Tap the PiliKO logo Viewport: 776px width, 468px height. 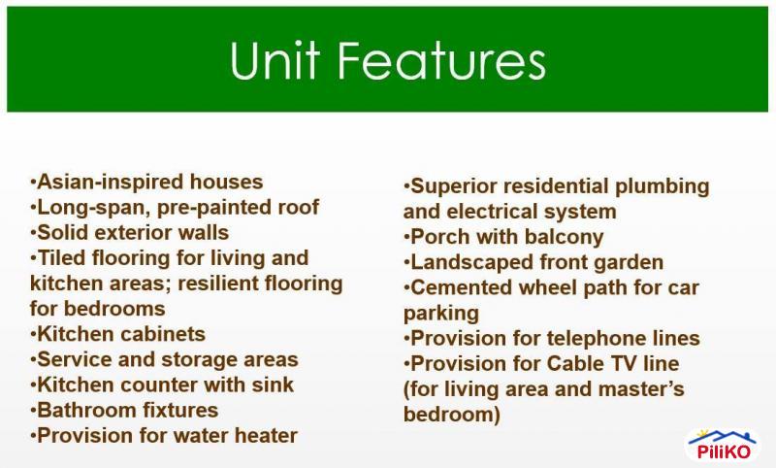click(723, 446)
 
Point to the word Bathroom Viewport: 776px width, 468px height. click(83, 410)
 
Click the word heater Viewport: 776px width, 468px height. click(263, 435)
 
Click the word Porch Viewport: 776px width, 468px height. click(439, 237)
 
